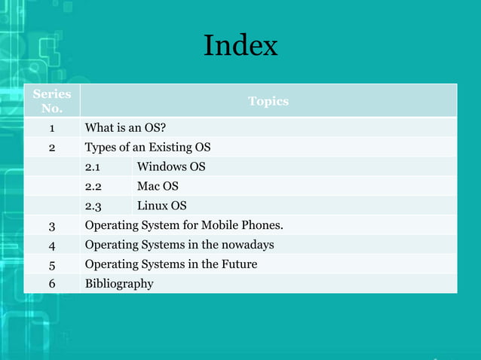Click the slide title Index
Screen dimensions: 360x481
coord(240,46)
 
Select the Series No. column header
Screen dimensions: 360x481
coord(52,101)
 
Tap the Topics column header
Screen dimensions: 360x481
coord(268,101)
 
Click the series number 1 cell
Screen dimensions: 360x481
coord(52,127)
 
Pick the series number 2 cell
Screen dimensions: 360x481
coord(52,147)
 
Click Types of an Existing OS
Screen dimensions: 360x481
coord(148,147)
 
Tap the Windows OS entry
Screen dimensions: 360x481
coord(171,166)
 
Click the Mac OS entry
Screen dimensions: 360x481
coord(158,186)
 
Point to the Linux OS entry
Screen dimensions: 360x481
coord(161,206)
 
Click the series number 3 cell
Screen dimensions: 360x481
coord(52,225)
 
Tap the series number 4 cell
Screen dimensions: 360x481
coord(52,245)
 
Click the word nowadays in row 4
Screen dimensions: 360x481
coord(247,245)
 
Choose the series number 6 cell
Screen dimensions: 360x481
coord(52,284)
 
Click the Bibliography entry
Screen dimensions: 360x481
coord(119,284)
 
